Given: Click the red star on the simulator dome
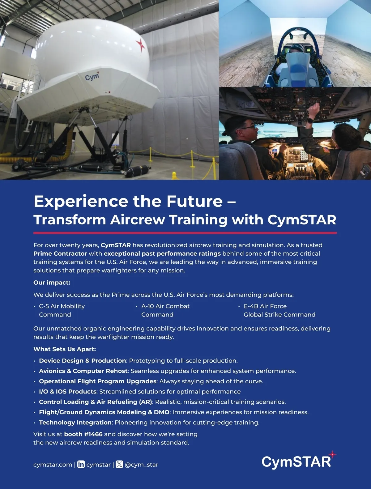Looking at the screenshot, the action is [140, 45].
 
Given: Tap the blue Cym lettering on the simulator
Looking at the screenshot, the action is [92, 76].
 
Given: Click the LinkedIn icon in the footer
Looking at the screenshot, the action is [81, 464].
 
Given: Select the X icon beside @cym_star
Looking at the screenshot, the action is [119, 464].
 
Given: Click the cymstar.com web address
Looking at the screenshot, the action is [53, 465].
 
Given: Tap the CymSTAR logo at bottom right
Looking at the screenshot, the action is [299, 460].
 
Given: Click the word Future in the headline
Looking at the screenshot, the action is [194, 201].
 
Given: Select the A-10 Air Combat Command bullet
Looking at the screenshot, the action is [165, 310].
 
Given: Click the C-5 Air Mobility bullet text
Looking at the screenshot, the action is [62, 310].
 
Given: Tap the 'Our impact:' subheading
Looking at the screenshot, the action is [52, 283].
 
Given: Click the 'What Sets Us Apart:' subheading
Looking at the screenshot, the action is [65, 349].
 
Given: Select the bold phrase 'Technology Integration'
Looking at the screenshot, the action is [75, 423].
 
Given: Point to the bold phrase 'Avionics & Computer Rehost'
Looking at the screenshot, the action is [83, 371].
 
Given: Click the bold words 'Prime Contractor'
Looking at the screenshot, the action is [60, 253].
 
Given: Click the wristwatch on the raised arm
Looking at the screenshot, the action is [310, 121].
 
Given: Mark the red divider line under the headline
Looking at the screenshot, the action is [185, 233].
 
